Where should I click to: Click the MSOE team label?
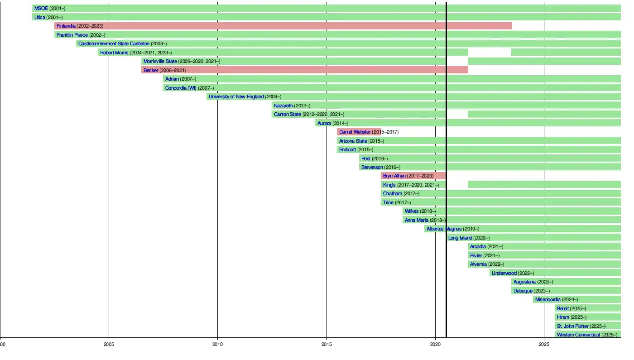coord(41,8)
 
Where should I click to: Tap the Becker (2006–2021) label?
coord(164,70)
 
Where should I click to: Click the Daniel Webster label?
coord(355,132)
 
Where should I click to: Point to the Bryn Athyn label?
coord(394,176)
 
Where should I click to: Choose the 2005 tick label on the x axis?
coord(109,344)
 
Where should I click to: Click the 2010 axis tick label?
coord(217,344)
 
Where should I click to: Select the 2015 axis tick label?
coord(327,344)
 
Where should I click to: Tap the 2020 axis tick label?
coord(435,344)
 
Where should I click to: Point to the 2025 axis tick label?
coord(544,344)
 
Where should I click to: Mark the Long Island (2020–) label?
coord(469,238)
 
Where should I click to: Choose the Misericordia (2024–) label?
coord(556,299)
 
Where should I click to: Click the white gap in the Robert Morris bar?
coord(490,53)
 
